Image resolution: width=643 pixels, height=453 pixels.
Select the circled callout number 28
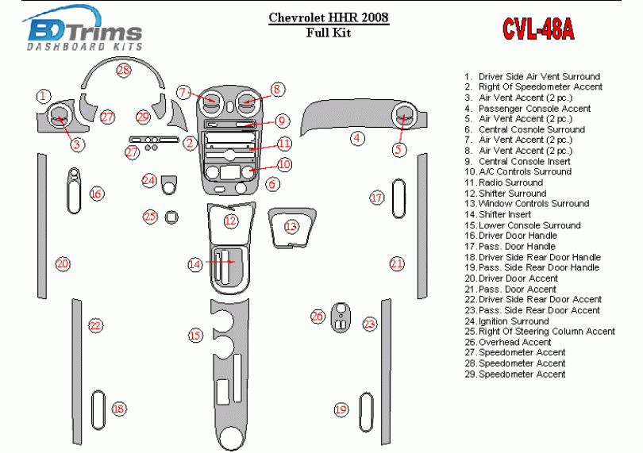pyautogui.click(x=124, y=71)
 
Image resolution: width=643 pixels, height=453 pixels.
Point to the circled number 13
pyautogui.click(x=291, y=227)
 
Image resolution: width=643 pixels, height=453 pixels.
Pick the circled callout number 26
pyautogui.click(x=318, y=317)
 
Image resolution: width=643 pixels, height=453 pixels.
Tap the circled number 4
pyautogui.click(x=359, y=138)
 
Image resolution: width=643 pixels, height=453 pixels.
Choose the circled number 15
pyautogui.click(x=195, y=336)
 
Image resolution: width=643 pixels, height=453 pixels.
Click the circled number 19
pyautogui.click(x=341, y=409)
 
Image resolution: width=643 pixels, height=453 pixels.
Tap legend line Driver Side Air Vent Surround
pyautogui.click(x=532, y=76)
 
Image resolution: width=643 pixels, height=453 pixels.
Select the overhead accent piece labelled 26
pyautogui.click(x=341, y=316)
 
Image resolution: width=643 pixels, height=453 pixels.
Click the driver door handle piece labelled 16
pyautogui.click(x=74, y=191)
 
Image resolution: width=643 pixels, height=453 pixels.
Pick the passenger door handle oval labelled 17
pyautogui.click(x=398, y=197)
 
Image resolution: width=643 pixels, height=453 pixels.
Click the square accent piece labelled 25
pyautogui.click(x=171, y=217)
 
